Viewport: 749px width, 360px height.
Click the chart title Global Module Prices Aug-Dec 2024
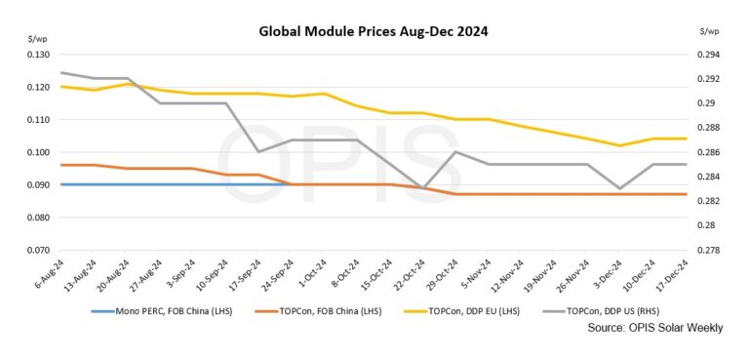click(x=374, y=31)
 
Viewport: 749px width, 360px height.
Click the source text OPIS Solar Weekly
click(x=655, y=329)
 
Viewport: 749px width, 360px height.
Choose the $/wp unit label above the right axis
click(x=709, y=32)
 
